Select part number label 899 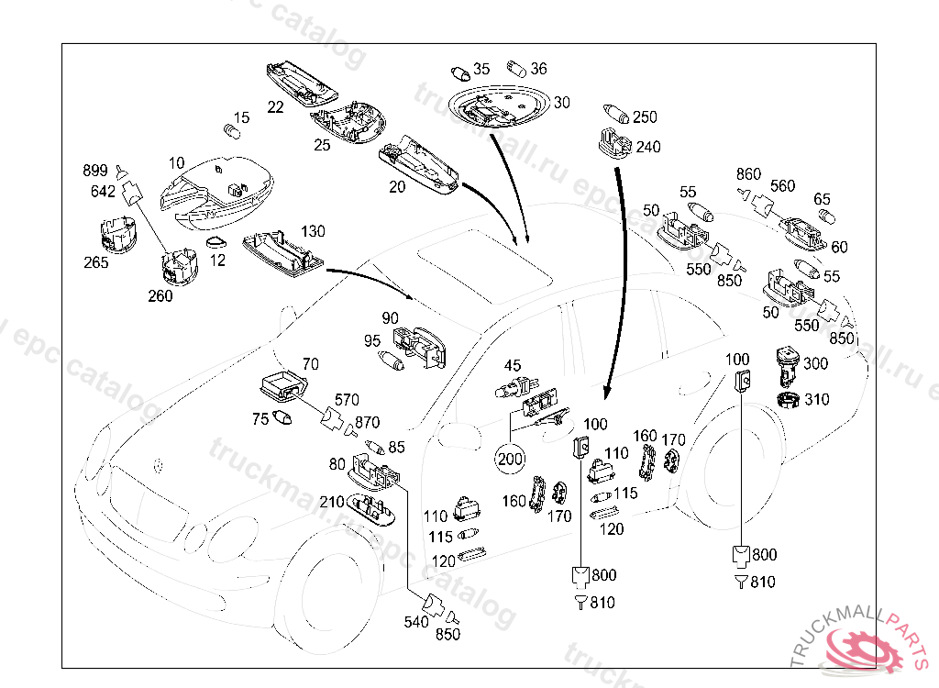click(x=95, y=172)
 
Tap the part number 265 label click(x=95, y=262)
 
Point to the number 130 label click(x=313, y=231)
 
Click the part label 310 click(x=815, y=400)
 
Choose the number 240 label click(x=648, y=147)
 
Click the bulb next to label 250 click(x=614, y=116)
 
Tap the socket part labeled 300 click(x=787, y=366)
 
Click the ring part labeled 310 click(x=787, y=400)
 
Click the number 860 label click(x=748, y=174)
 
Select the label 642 click(x=103, y=192)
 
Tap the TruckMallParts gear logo click(x=866, y=650)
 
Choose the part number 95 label click(x=371, y=341)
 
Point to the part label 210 click(x=331, y=502)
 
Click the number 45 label click(x=512, y=367)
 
